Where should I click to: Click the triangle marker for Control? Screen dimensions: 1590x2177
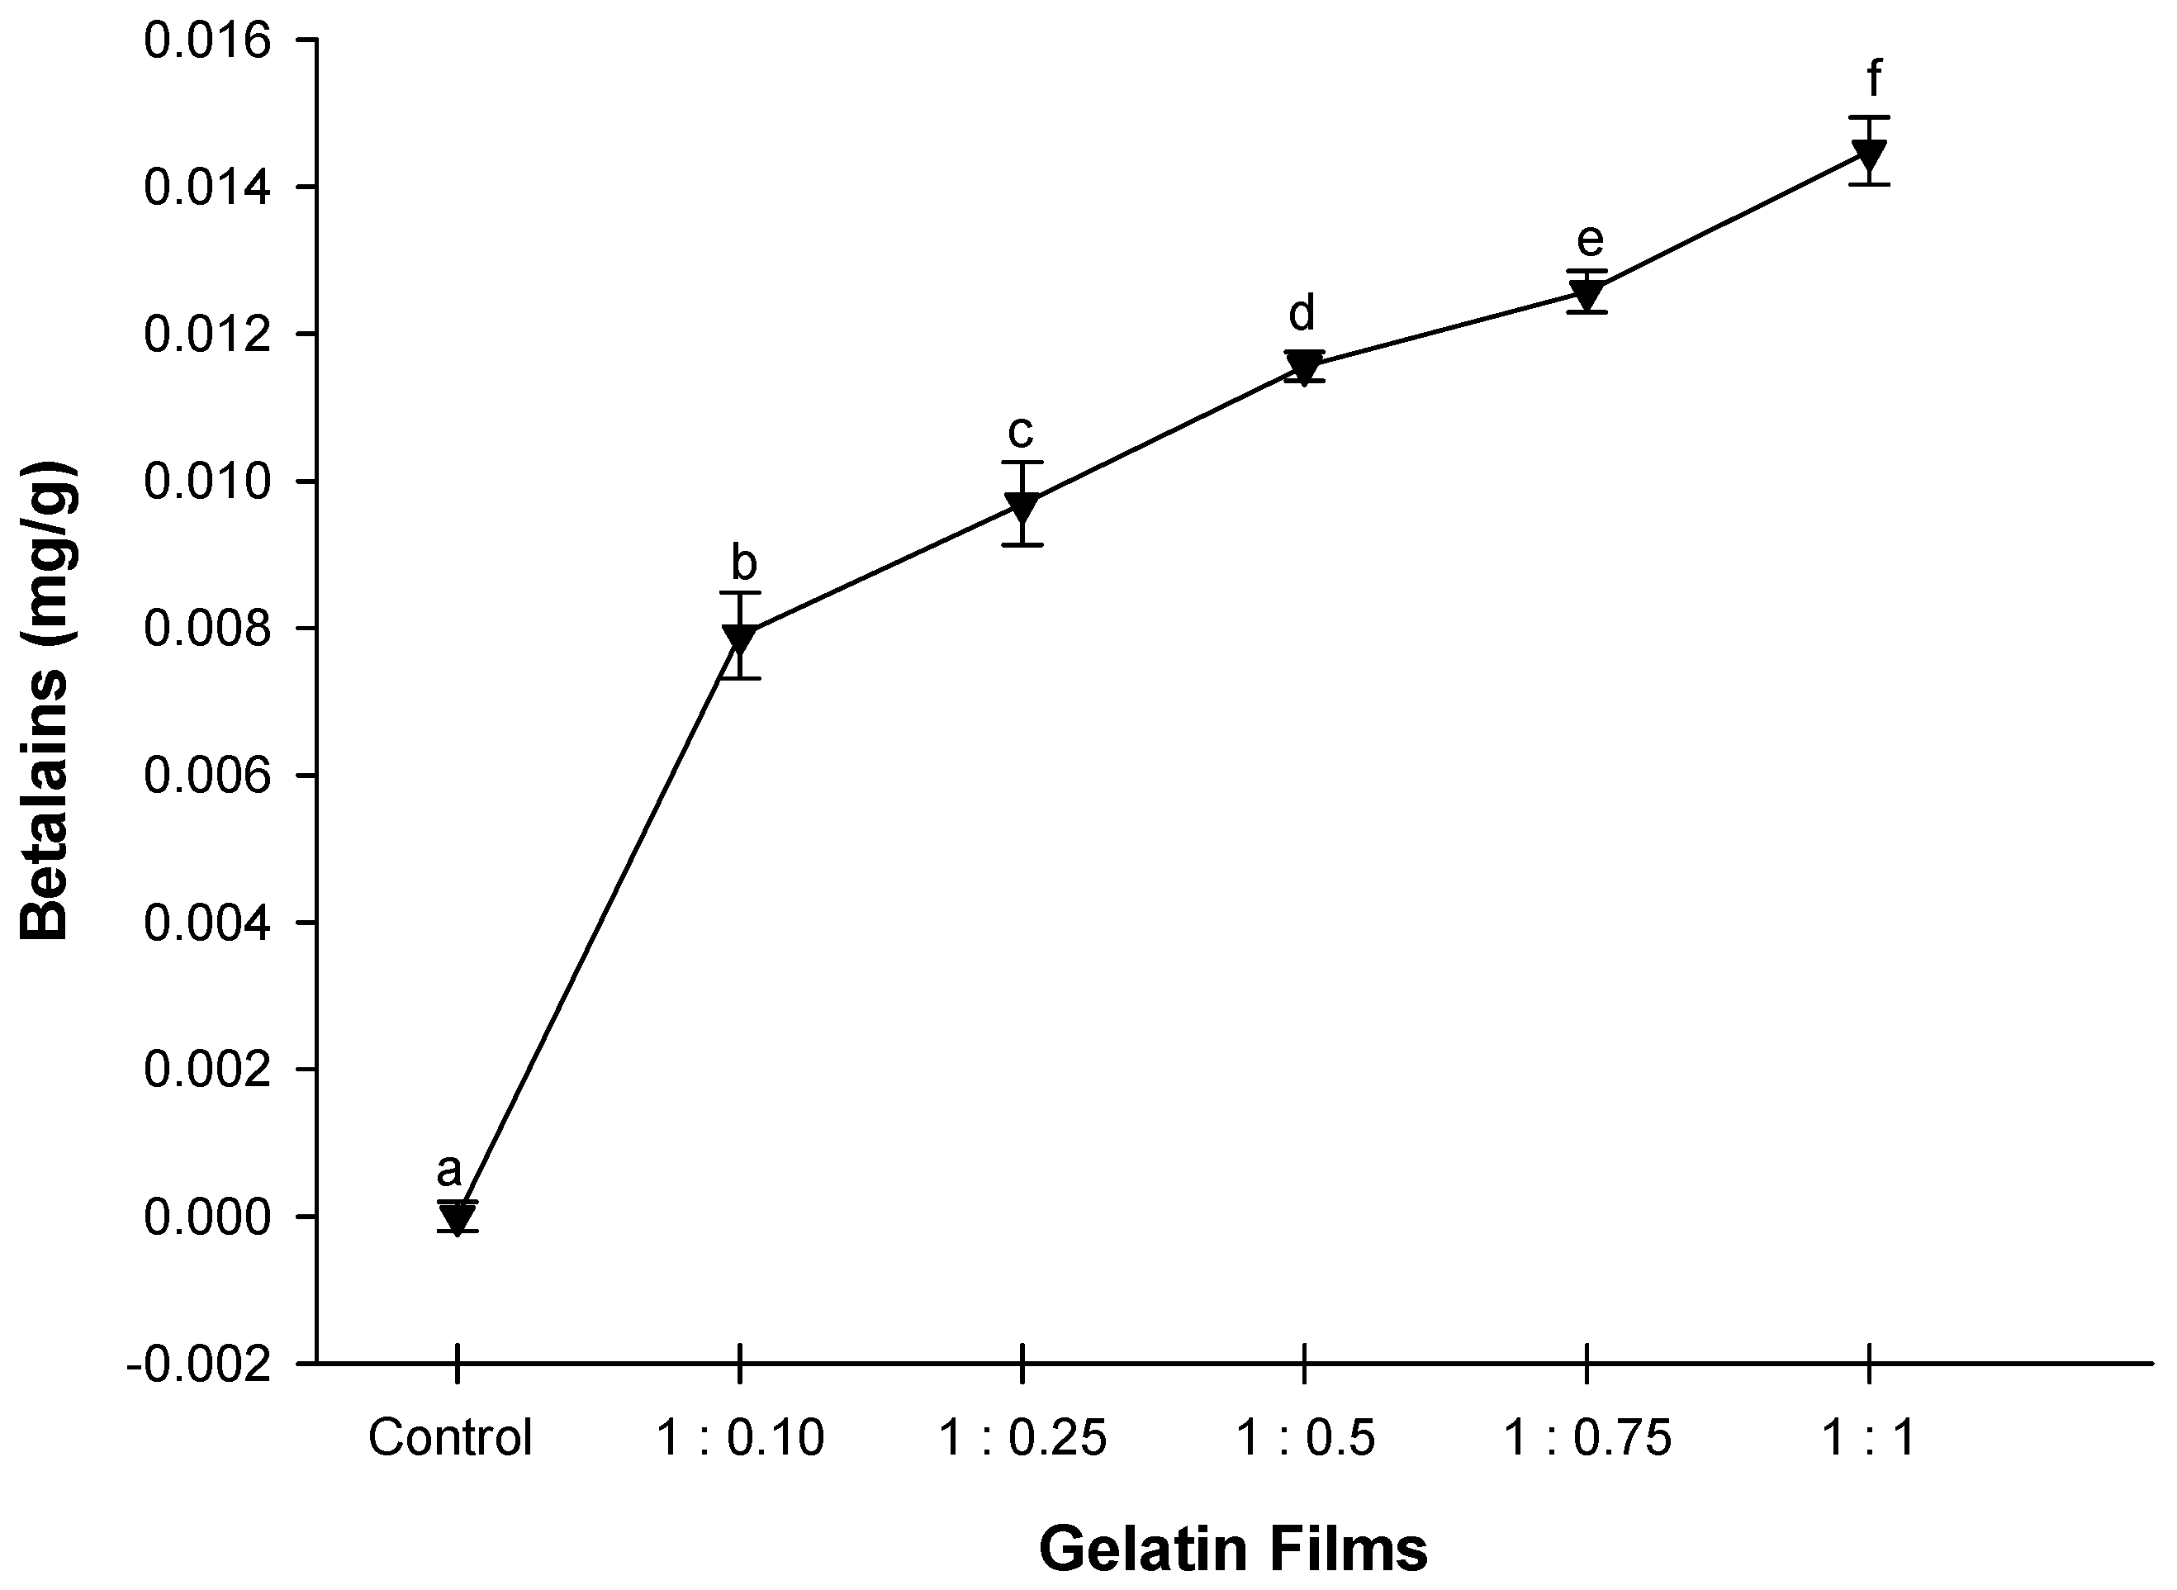(458, 1217)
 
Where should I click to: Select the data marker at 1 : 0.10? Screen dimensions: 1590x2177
(739, 637)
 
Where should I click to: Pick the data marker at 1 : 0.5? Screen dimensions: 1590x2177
(1303, 366)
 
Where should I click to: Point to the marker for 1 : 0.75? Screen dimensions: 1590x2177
(1585, 292)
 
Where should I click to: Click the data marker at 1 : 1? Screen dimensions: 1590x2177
(1868, 153)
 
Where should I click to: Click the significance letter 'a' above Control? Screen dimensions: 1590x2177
(448, 1171)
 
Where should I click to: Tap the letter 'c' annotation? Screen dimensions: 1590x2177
(1020, 431)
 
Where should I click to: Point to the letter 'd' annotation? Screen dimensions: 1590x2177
(1302, 313)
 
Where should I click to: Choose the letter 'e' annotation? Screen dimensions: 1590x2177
(1590, 240)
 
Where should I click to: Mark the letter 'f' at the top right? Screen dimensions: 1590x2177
(1874, 79)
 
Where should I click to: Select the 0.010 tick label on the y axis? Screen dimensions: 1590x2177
(207, 482)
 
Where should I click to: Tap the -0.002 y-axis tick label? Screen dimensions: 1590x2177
(199, 1365)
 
